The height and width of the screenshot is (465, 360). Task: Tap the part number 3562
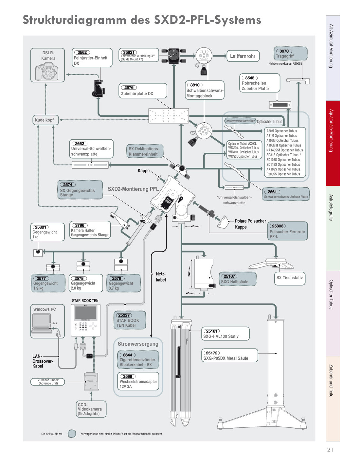point(82,52)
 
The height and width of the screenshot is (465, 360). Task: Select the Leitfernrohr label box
point(243,56)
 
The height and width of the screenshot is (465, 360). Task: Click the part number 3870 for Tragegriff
point(284,51)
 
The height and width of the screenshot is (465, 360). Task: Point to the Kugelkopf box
point(45,120)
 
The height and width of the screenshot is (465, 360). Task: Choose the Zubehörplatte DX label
point(137,94)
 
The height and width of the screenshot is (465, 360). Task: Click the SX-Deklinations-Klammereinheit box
point(144,151)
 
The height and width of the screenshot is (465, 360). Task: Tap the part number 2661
point(272,192)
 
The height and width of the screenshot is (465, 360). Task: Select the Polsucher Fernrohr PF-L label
point(287,234)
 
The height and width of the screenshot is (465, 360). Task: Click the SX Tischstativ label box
point(290,278)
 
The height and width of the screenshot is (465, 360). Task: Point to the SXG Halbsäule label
point(235,282)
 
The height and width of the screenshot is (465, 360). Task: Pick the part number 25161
point(212,331)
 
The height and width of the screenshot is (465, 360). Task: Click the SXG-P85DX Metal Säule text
point(226,358)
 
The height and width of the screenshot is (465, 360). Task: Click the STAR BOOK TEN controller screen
point(86,312)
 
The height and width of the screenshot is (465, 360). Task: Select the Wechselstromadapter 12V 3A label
point(138,384)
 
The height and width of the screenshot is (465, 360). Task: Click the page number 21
point(330,450)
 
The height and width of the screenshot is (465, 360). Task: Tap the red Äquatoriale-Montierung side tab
point(333,143)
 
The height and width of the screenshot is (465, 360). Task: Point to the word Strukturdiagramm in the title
point(74,20)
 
